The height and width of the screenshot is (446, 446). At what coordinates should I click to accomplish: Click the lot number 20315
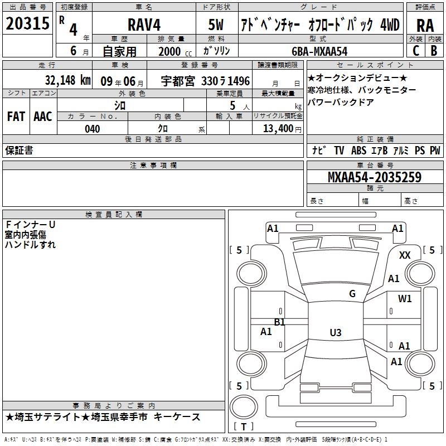(x=27, y=23)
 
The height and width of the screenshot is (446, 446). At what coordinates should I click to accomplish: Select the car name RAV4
(x=144, y=25)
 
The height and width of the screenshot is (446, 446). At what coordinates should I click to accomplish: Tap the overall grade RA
(x=425, y=26)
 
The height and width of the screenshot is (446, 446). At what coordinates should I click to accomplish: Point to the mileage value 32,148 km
(x=67, y=80)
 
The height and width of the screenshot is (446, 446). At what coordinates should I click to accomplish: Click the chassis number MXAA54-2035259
(x=375, y=177)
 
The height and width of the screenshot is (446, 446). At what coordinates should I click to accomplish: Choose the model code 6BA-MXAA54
(x=319, y=51)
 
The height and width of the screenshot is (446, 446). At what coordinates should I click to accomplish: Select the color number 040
(x=92, y=129)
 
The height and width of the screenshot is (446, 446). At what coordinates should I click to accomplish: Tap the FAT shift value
(x=16, y=117)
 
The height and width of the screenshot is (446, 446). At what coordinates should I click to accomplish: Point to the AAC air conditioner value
(x=43, y=117)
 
